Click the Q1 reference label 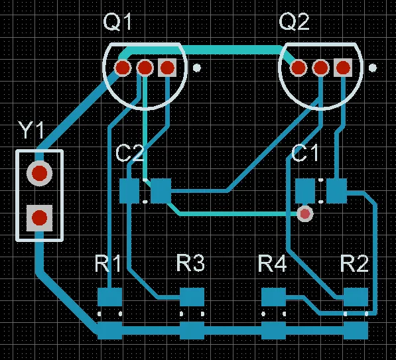pos(117,23)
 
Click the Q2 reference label pos(294,23)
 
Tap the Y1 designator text pos(31,130)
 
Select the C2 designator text pos(130,153)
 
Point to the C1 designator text pos(305,153)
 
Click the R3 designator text pos(190,263)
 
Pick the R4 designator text pos(273,263)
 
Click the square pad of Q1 pos(167,68)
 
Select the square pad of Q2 pos(343,68)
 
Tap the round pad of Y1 pos(40,173)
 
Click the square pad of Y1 pos(40,217)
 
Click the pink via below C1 pos(305,214)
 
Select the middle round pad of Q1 pos(145,68)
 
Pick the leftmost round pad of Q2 pos(298,68)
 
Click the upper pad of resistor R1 pos(110,297)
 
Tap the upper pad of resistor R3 pos(192,297)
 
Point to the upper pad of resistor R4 pos(273,297)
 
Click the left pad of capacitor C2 pos(129,191)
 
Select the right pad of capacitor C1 pos(337,191)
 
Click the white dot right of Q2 pos(373,68)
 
